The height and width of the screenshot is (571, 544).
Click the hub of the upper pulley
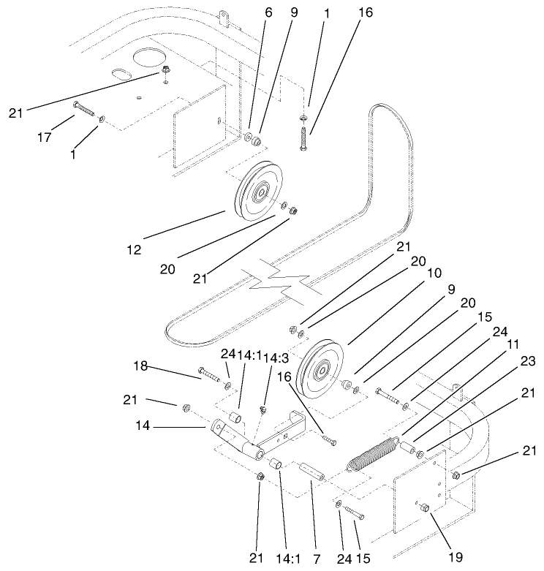[x=260, y=194]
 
